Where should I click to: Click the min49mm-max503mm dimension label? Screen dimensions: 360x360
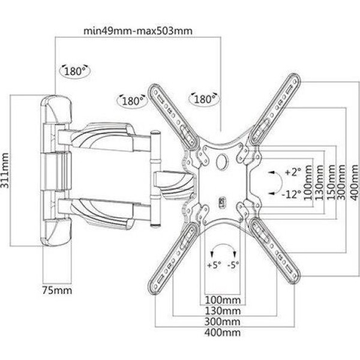coord(138,31)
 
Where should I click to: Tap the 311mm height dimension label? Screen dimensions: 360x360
coord(5,170)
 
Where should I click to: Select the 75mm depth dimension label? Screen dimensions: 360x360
coord(57,290)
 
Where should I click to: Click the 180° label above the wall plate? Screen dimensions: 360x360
coord(74,71)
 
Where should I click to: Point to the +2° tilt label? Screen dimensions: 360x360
coord(293,172)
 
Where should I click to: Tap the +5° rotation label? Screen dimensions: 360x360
coord(214,265)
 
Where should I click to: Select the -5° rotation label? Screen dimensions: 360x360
coord(233,265)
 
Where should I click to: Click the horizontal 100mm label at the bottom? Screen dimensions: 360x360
coord(223,300)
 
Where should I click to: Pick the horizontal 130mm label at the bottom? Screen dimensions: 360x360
coord(223,311)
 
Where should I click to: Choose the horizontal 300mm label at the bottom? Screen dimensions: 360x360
coord(223,322)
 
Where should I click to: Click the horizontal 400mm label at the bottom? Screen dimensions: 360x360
coord(223,332)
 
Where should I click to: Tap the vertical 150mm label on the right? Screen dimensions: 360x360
coord(331,182)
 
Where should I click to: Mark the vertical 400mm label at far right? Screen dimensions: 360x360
coord(354,182)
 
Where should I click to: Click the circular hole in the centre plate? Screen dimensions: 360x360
coord(222,161)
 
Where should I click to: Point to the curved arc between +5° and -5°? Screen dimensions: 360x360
coord(223,245)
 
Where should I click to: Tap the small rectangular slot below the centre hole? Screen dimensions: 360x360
coord(223,203)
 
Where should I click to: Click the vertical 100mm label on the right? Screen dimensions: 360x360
coord(308,182)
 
